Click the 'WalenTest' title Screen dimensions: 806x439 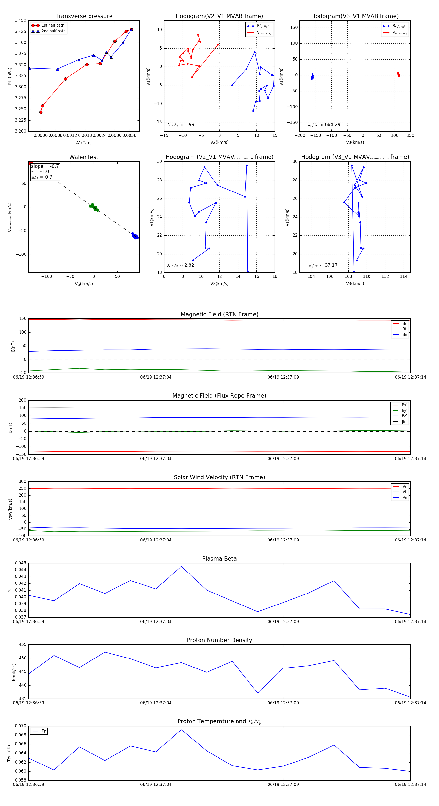(x=84, y=157)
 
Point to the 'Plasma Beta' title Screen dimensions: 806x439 (x=219, y=559)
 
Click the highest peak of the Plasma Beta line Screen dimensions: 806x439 (x=181, y=566)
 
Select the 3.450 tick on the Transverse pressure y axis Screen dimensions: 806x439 (x=21, y=20)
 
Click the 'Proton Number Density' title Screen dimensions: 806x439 (x=219, y=640)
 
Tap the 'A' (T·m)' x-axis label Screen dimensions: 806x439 (x=84, y=143)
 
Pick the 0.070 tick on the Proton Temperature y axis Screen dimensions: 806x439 (x=21, y=726)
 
